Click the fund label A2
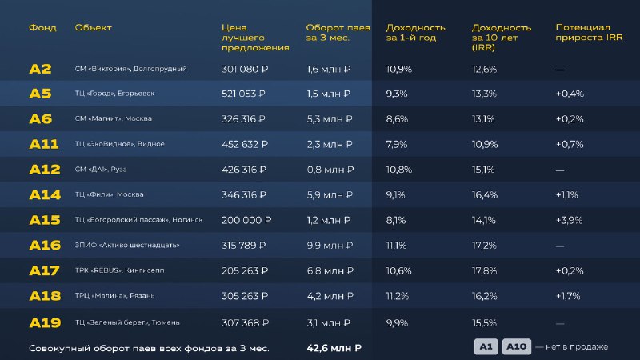(40, 69)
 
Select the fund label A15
(45, 220)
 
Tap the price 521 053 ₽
(244, 94)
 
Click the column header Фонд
(42, 28)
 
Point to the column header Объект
(93, 28)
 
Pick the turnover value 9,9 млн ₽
(329, 245)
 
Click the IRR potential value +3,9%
(570, 220)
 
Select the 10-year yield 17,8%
(485, 270)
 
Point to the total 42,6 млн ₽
(334, 348)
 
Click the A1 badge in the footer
(486, 346)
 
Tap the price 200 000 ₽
(245, 220)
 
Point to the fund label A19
(45, 322)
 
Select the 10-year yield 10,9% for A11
(485, 144)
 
